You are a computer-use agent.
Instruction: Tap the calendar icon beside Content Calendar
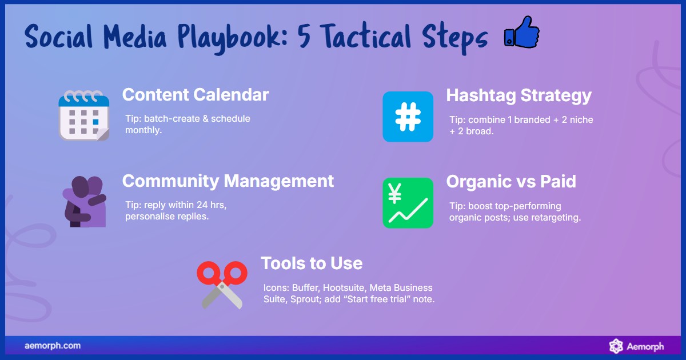(83, 115)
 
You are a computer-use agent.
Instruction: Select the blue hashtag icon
(408, 116)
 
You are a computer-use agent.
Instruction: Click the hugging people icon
(83, 201)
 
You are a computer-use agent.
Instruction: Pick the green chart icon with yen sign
(408, 203)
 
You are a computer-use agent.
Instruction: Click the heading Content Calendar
(196, 95)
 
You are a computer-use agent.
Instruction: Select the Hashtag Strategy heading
(519, 95)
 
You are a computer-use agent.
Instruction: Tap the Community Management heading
(228, 181)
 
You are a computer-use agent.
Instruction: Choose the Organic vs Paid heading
(510, 182)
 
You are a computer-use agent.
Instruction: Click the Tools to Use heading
(312, 263)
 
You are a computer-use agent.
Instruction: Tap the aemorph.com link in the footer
(53, 346)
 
